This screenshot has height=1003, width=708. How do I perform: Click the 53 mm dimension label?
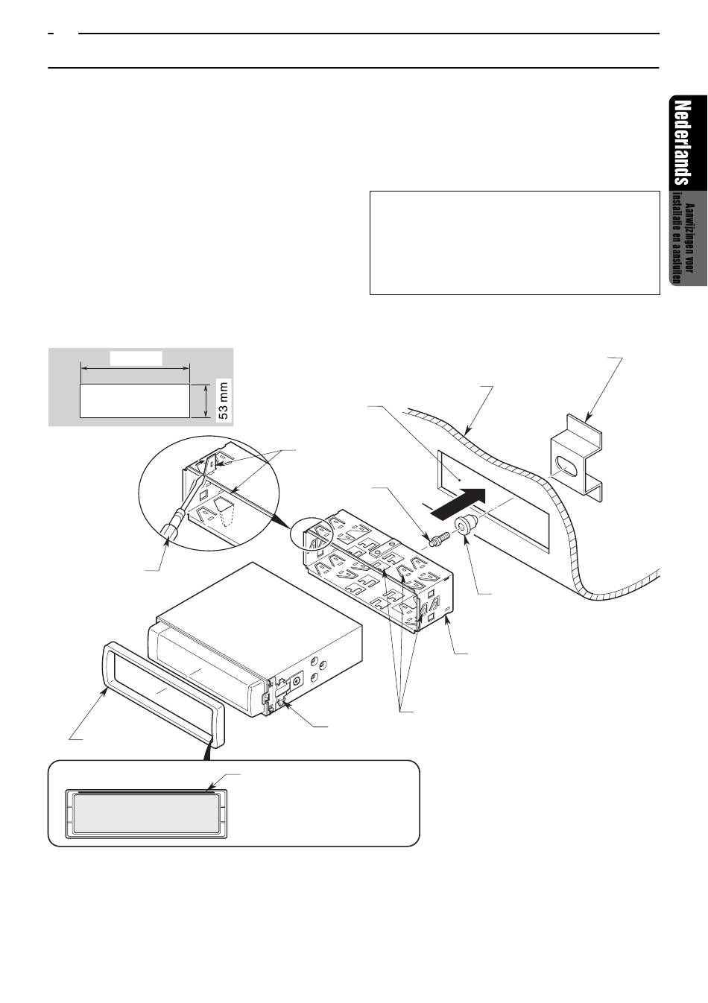pyautogui.click(x=224, y=400)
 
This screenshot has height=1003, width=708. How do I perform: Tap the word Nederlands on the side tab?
pyautogui.click(x=682, y=143)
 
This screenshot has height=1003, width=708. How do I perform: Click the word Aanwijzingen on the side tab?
pyautogui.click(x=689, y=238)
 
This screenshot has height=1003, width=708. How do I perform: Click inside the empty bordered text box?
pyautogui.click(x=514, y=243)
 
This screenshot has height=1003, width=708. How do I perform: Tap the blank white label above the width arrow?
pyautogui.click(x=136, y=358)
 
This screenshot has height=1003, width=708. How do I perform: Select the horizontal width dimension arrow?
pyautogui.click(x=135, y=369)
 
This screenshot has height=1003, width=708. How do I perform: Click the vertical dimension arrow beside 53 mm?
pyautogui.click(x=206, y=401)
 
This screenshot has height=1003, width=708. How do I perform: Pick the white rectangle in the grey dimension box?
pyautogui.click(x=135, y=401)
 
